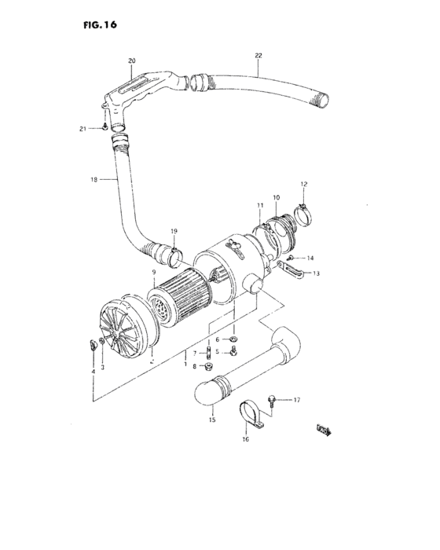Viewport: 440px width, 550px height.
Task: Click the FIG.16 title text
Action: [99, 25]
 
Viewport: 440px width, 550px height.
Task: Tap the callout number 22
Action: [258, 55]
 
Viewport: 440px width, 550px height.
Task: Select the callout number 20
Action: [131, 60]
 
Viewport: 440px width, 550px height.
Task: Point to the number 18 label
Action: [94, 180]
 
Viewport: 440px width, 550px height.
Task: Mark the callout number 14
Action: [310, 258]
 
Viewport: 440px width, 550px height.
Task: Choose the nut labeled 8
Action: [209, 366]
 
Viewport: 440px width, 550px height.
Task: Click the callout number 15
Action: [211, 421]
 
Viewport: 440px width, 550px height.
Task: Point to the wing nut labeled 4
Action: [92, 343]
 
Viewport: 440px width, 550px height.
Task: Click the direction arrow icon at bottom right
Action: [323, 428]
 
